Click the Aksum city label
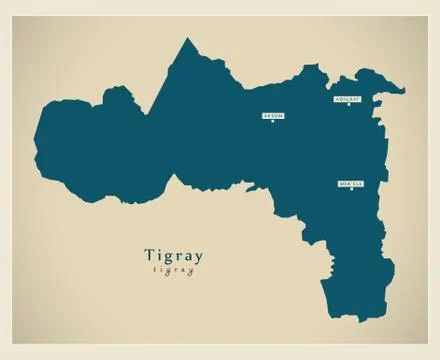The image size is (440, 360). (x=273, y=116)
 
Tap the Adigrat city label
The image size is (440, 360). (x=348, y=100)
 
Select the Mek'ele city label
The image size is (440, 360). (x=351, y=184)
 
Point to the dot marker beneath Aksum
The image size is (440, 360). (x=273, y=123)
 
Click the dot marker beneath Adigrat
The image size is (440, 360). (x=348, y=107)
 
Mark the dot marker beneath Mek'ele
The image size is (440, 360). (x=351, y=191)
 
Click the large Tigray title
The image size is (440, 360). (x=173, y=256)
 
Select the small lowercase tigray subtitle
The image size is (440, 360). (x=173, y=271)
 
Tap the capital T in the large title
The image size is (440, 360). (x=150, y=255)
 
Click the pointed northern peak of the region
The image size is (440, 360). (x=185, y=41)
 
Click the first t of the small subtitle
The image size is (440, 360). (x=155, y=271)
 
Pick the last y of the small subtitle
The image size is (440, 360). (x=191, y=272)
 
